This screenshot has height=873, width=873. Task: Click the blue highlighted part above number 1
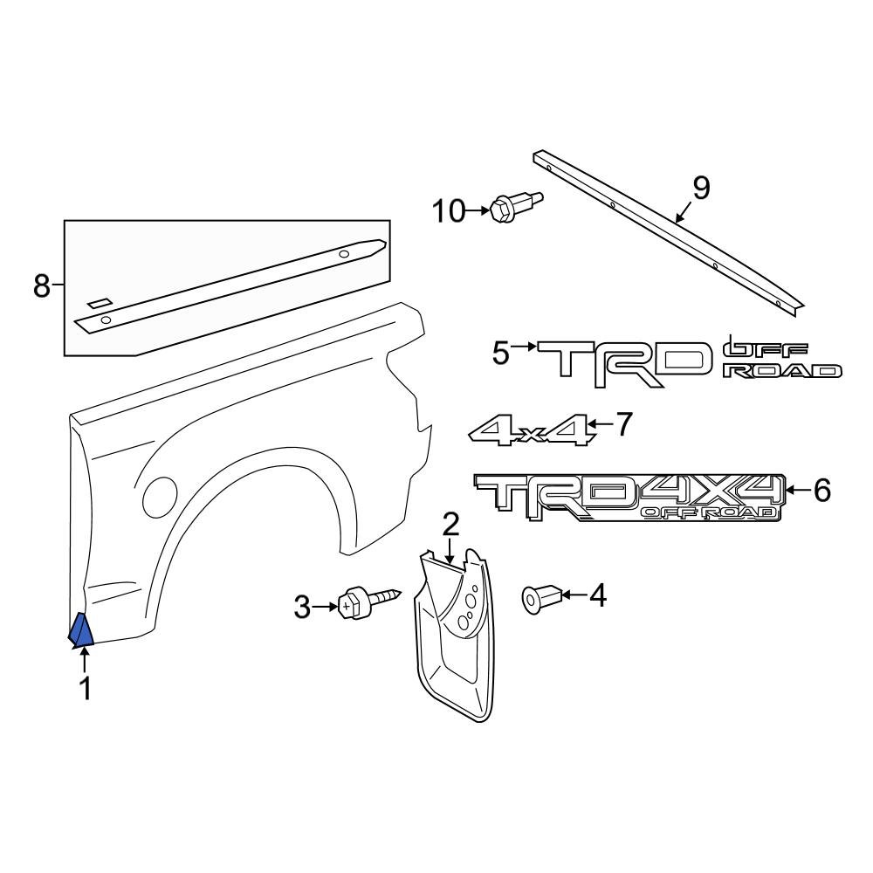pos(81,631)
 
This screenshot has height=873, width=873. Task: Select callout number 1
pos(85,689)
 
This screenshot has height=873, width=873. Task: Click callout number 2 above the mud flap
pos(450,525)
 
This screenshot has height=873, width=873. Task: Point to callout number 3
pos(302,607)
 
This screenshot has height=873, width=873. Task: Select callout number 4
pos(597,595)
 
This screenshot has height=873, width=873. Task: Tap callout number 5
pos(499,354)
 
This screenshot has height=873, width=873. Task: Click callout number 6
pos(821,491)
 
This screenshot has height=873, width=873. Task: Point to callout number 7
pos(622,425)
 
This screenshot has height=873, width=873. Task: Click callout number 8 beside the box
pos(42,285)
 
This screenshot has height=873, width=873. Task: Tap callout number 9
pos(701,188)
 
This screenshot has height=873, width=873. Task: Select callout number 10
pos(451,210)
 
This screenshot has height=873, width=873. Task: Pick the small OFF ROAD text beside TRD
pos(781,361)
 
